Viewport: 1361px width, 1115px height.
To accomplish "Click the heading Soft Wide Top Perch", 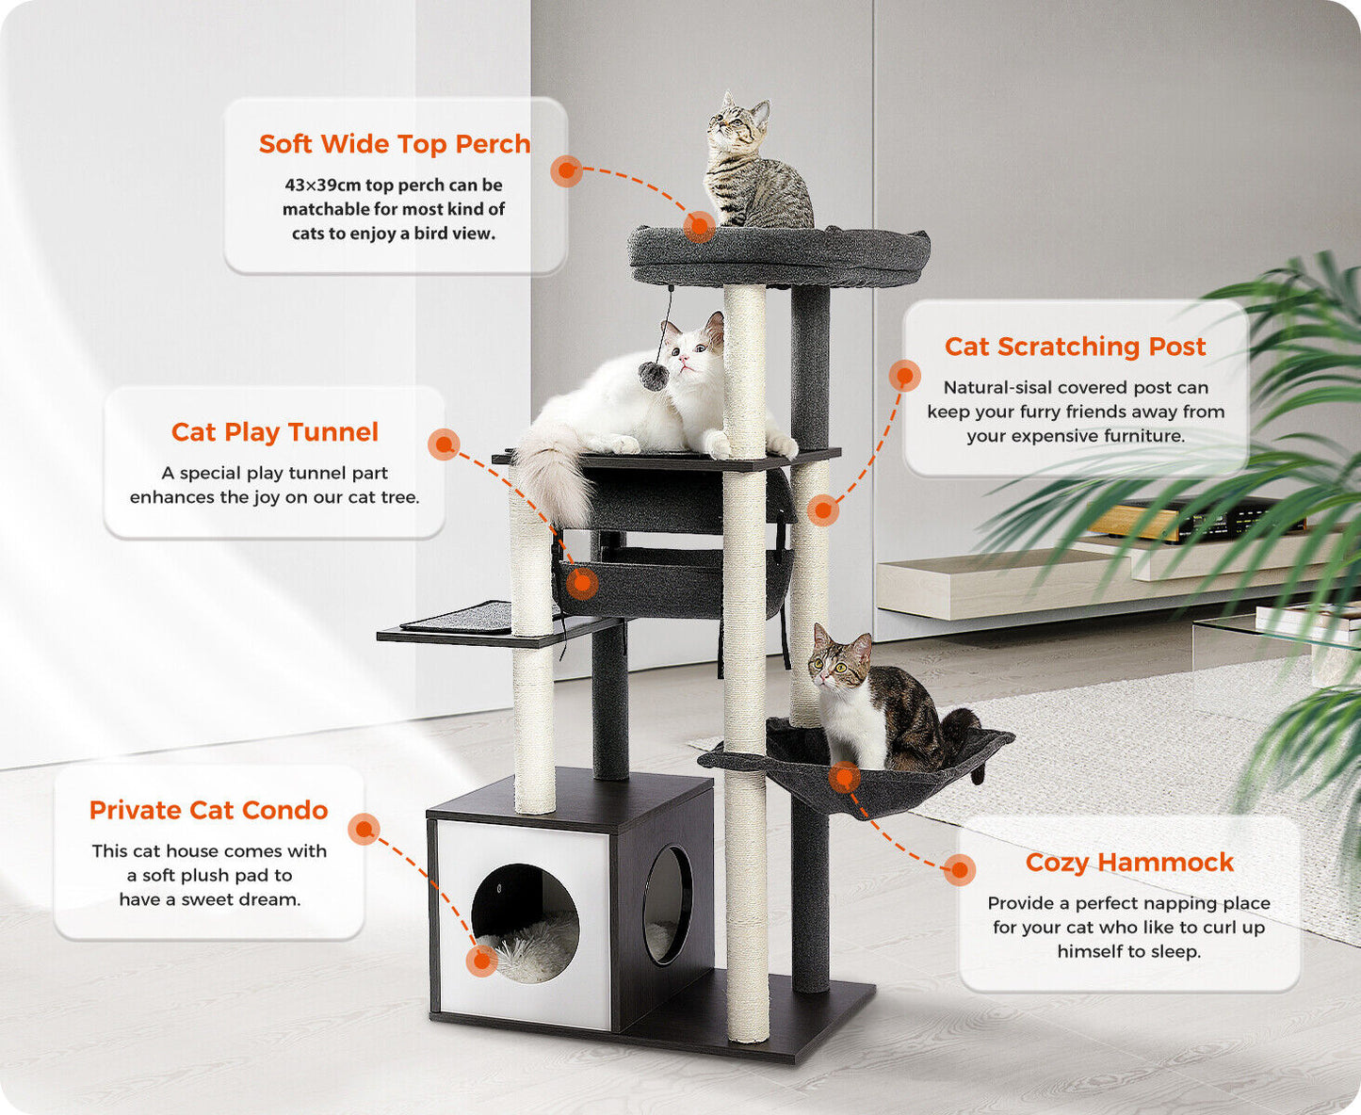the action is [395, 144].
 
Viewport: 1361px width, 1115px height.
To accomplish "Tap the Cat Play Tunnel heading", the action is [275, 432].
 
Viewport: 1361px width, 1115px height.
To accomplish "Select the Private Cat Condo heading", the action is [208, 811].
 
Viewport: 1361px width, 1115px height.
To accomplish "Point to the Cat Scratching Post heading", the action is [1075, 347].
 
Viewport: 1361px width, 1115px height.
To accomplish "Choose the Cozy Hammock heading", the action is [1129, 863].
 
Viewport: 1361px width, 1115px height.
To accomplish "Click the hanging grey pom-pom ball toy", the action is [650, 373].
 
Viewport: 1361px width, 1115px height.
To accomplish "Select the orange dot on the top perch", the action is [699, 226].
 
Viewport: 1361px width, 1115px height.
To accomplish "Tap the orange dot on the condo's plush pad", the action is [481, 961].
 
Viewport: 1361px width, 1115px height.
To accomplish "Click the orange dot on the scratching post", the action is [823, 510].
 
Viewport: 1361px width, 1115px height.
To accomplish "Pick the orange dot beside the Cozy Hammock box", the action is [960, 869].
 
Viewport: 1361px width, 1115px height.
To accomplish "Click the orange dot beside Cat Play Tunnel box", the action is [444, 444].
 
